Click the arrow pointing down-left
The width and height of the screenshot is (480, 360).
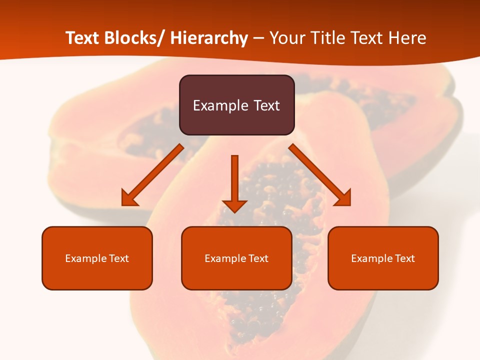[x=152, y=175]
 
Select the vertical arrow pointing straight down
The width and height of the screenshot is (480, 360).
[x=234, y=182]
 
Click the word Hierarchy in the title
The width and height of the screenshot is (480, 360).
[x=209, y=38]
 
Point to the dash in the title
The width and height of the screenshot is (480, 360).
[x=259, y=38]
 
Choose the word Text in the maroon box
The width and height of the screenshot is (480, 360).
[x=266, y=105]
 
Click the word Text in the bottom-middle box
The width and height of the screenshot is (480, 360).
[x=257, y=258]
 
